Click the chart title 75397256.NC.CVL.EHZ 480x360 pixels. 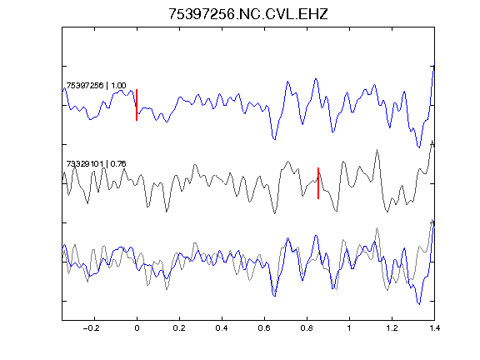coord(248,14)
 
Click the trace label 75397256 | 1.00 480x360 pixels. coord(96,85)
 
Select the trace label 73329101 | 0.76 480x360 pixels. coord(96,164)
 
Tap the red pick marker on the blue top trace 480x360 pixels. coord(137,105)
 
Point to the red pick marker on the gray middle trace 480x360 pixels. coord(318,183)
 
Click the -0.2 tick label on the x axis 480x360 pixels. coord(92,328)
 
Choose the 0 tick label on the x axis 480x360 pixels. coord(137,328)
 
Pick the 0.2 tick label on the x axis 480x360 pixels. coord(179,328)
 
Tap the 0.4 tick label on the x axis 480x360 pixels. coord(222,328)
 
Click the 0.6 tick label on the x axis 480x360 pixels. coord(264,328)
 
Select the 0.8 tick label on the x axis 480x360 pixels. coord(307,328)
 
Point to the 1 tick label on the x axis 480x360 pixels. coord(349,328)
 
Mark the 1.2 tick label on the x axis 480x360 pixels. coord(392,328)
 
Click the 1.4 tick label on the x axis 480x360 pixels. coord(434,328)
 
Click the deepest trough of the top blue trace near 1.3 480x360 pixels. coord(419,147)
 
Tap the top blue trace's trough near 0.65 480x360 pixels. coord(275,140)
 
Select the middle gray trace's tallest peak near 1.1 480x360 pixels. coord(377,150)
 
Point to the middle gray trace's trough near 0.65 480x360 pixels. coord(275,213)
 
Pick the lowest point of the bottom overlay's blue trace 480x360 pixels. coord(419,304)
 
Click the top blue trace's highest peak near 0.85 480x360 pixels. coord(316,79)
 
